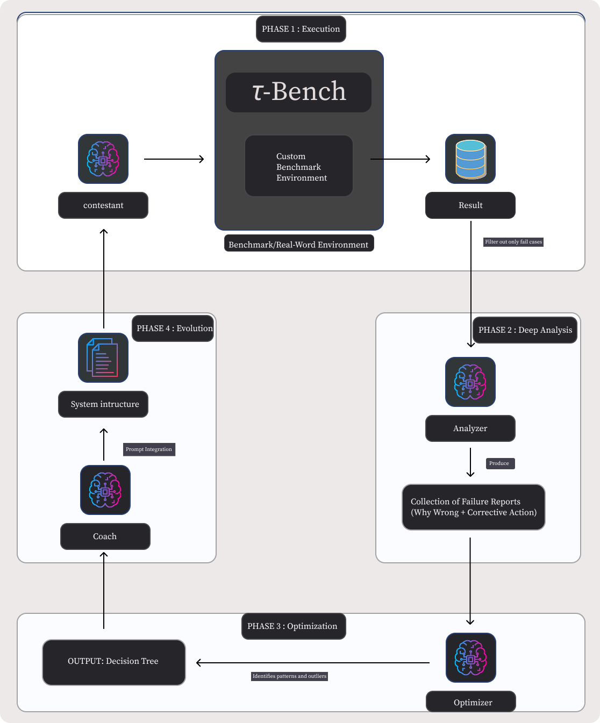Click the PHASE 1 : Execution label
pyautogui.click(x=301, y=29)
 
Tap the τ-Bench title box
pyautogui.click(x=298, y=92)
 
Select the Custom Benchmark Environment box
pyautogui.click(x=298, y=166)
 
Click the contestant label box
pyautogui.click(x=103, y=205)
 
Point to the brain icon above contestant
pyautogui.click(x=103, y=159)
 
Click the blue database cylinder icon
pyautogui.click(x=470, y=159)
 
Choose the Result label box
pyautogui.click(x=470, y=205)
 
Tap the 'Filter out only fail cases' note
pyautogui.click(x=513, y=242)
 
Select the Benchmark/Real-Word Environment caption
pyautogui.click(x=298, y=245)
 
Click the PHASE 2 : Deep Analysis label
pyautogui.click(x=525, y=330)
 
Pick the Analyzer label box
pyautogui.click(x=470, y=428)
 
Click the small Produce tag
pyautogui.click(x=499, y=463)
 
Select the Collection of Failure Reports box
pyautogui.click(x=474, y=507)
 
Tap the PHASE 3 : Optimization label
pyautogui.click(x=293, y=626)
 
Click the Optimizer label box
pyautogui.click(x=471, y=702)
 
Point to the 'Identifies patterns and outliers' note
pyautogui.click(x=289, y=676)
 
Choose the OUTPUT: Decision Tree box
pyautogui.click(x=113, y=662)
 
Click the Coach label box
pyautogui.click(x=105, y=536)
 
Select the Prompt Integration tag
pyautogui.click(x=149, y=449)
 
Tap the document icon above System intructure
pyautogui.click(x=103, y=358)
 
